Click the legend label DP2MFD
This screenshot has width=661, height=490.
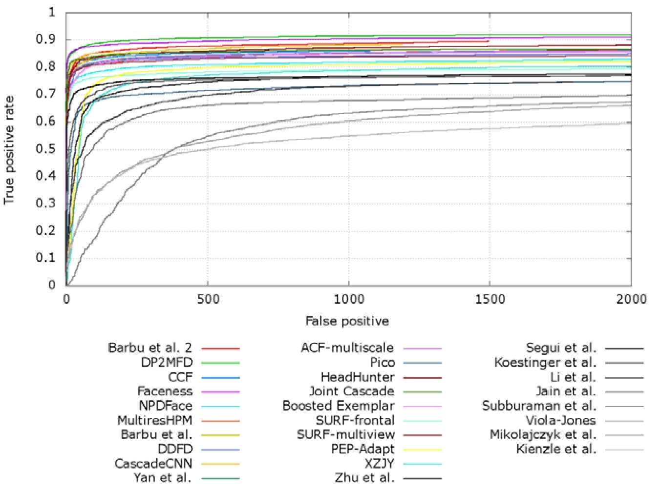[167, 362]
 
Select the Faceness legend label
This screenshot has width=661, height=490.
[165, 391]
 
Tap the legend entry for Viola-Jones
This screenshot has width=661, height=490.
[560, 420]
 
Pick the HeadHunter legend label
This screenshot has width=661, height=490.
[358, 377]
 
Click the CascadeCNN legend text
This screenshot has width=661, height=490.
[153, 464]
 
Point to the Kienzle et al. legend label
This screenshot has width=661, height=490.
[556, 449]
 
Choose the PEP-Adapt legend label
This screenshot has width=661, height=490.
[363, 449]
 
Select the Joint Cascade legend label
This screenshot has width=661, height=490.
[352, 391]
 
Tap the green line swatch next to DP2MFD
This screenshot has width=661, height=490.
[220, 363]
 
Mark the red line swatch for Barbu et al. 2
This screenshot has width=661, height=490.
[220, 348]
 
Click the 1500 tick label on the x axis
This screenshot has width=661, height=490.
[490, 300]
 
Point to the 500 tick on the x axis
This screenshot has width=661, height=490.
[208, 300]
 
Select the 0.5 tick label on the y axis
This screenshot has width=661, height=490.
[45, 148]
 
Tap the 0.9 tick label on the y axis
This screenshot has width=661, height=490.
[45, 40]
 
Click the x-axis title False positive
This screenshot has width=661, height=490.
[347, 321]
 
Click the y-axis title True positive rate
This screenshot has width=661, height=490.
[9, 150]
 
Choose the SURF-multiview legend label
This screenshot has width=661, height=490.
[346, 435]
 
